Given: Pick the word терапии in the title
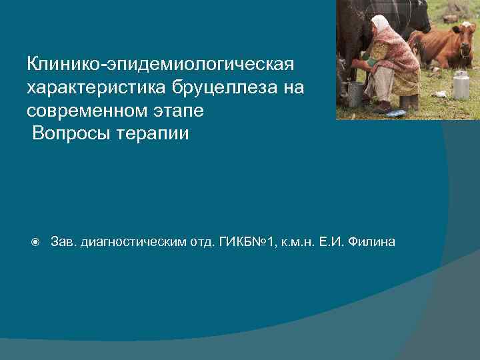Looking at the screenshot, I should (x=151, y=133).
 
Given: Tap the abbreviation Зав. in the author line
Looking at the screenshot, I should (x=63, y=241).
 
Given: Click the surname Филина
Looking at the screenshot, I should (x=374, y=241).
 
